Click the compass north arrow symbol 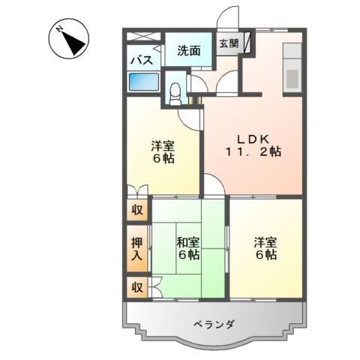[x=68, y=39]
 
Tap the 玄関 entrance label [x=229, y=43]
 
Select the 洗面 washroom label [x=189, y=51]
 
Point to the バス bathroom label [x=142, y=61]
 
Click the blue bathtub [x=143, y=82]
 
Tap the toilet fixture [x=175, y=94]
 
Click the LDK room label [x=253, y=139]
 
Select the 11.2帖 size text [x=253, y=151]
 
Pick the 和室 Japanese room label [x=188, y=241]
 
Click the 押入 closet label [x=136, y=249]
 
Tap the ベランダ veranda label [x=214, y=325]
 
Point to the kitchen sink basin [x=292, y=79]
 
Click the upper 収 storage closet [x=137, y=210]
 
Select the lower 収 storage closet [x=137, y=287]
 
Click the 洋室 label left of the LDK [x=163, y=145]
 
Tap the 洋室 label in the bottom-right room [x=265, y=241]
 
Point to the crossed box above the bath [x=143, y=37]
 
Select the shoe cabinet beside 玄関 [x=247, y=43]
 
